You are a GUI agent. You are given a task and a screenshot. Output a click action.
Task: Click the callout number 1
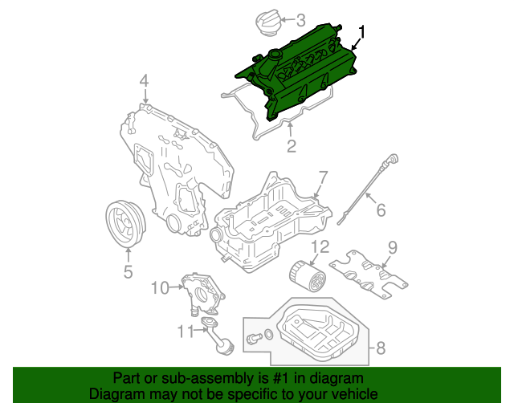click(x=362, y=33)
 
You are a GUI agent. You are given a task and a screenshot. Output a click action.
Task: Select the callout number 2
click(x=291, y=145)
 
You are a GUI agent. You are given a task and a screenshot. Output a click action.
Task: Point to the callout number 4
click(x=144, y=80)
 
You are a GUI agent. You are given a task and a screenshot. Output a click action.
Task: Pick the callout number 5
click(x=128, y=272)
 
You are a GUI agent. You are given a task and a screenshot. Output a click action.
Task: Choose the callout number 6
click(x=381, y=210)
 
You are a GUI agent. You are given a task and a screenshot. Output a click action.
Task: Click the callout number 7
click(x=322, y=177)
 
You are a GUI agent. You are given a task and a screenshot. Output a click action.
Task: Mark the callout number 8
click(x=381, y=348)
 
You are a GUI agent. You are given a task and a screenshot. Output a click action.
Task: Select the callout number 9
click(x=393, y=246)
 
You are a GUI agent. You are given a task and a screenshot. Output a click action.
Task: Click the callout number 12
click(x=320, y=246)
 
